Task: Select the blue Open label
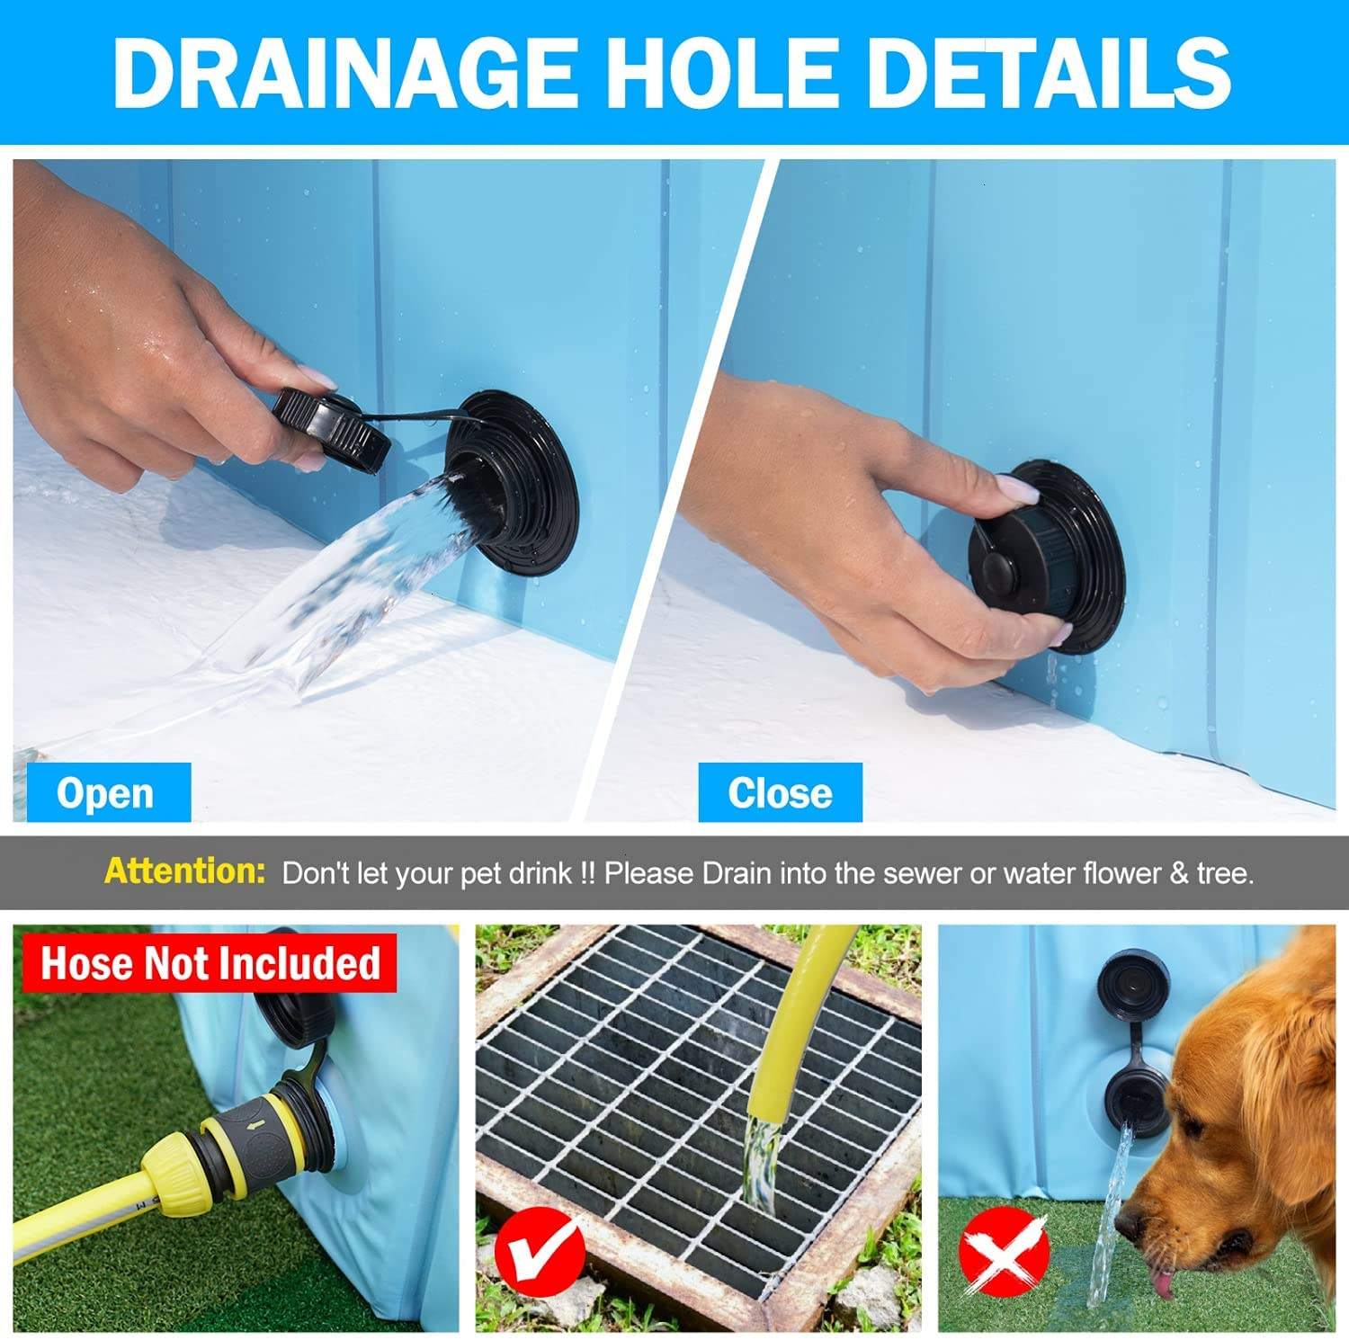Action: coord(108,792)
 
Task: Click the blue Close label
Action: coord(780,792)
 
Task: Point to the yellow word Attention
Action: coord(184,871)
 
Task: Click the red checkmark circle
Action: coord(540,1251)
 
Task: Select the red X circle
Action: coord(1005,1251)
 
